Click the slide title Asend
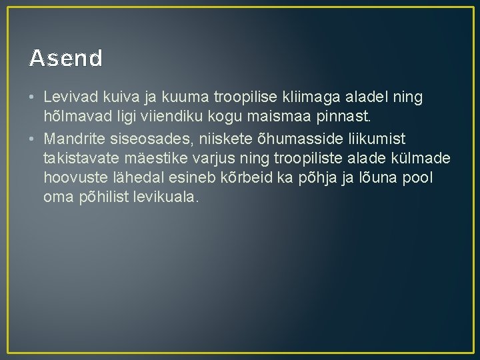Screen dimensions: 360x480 (66, 59)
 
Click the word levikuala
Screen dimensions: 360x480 (170, 198)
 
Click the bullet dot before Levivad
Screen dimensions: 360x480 (32, 98)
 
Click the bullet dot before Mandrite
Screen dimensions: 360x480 (32, 138)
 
